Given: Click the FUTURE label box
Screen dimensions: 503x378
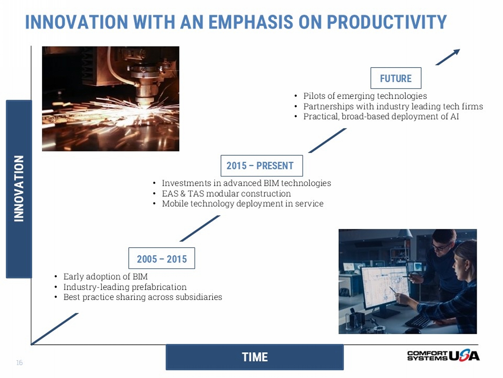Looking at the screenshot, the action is click(x=396, y=78).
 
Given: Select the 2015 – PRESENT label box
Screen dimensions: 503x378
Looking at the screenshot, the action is click(x=262, y=166).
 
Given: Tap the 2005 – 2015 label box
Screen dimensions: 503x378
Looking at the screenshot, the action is click(x=162, y=258).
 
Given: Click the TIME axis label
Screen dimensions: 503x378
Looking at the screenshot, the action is click(x=255, y=357).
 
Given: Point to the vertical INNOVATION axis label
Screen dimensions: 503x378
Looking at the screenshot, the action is click(x=19, y=189).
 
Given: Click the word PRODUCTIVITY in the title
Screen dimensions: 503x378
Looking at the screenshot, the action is click(x=387, y=22).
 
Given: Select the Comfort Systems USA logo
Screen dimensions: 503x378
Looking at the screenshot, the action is click(x=443, y=356).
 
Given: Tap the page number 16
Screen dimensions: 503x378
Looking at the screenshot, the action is click(x=19, y=363).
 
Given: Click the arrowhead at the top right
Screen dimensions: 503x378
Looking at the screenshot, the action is click(x=456, y=52).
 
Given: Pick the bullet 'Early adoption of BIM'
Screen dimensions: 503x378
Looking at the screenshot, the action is click(x=105, y=276).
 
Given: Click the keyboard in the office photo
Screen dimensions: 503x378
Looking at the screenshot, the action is click(x=418, y=321).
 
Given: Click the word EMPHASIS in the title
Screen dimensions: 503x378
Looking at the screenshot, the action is click(x=251, y=22).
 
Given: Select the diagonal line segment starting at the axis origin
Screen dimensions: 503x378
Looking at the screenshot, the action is click(x=55, y=329).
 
